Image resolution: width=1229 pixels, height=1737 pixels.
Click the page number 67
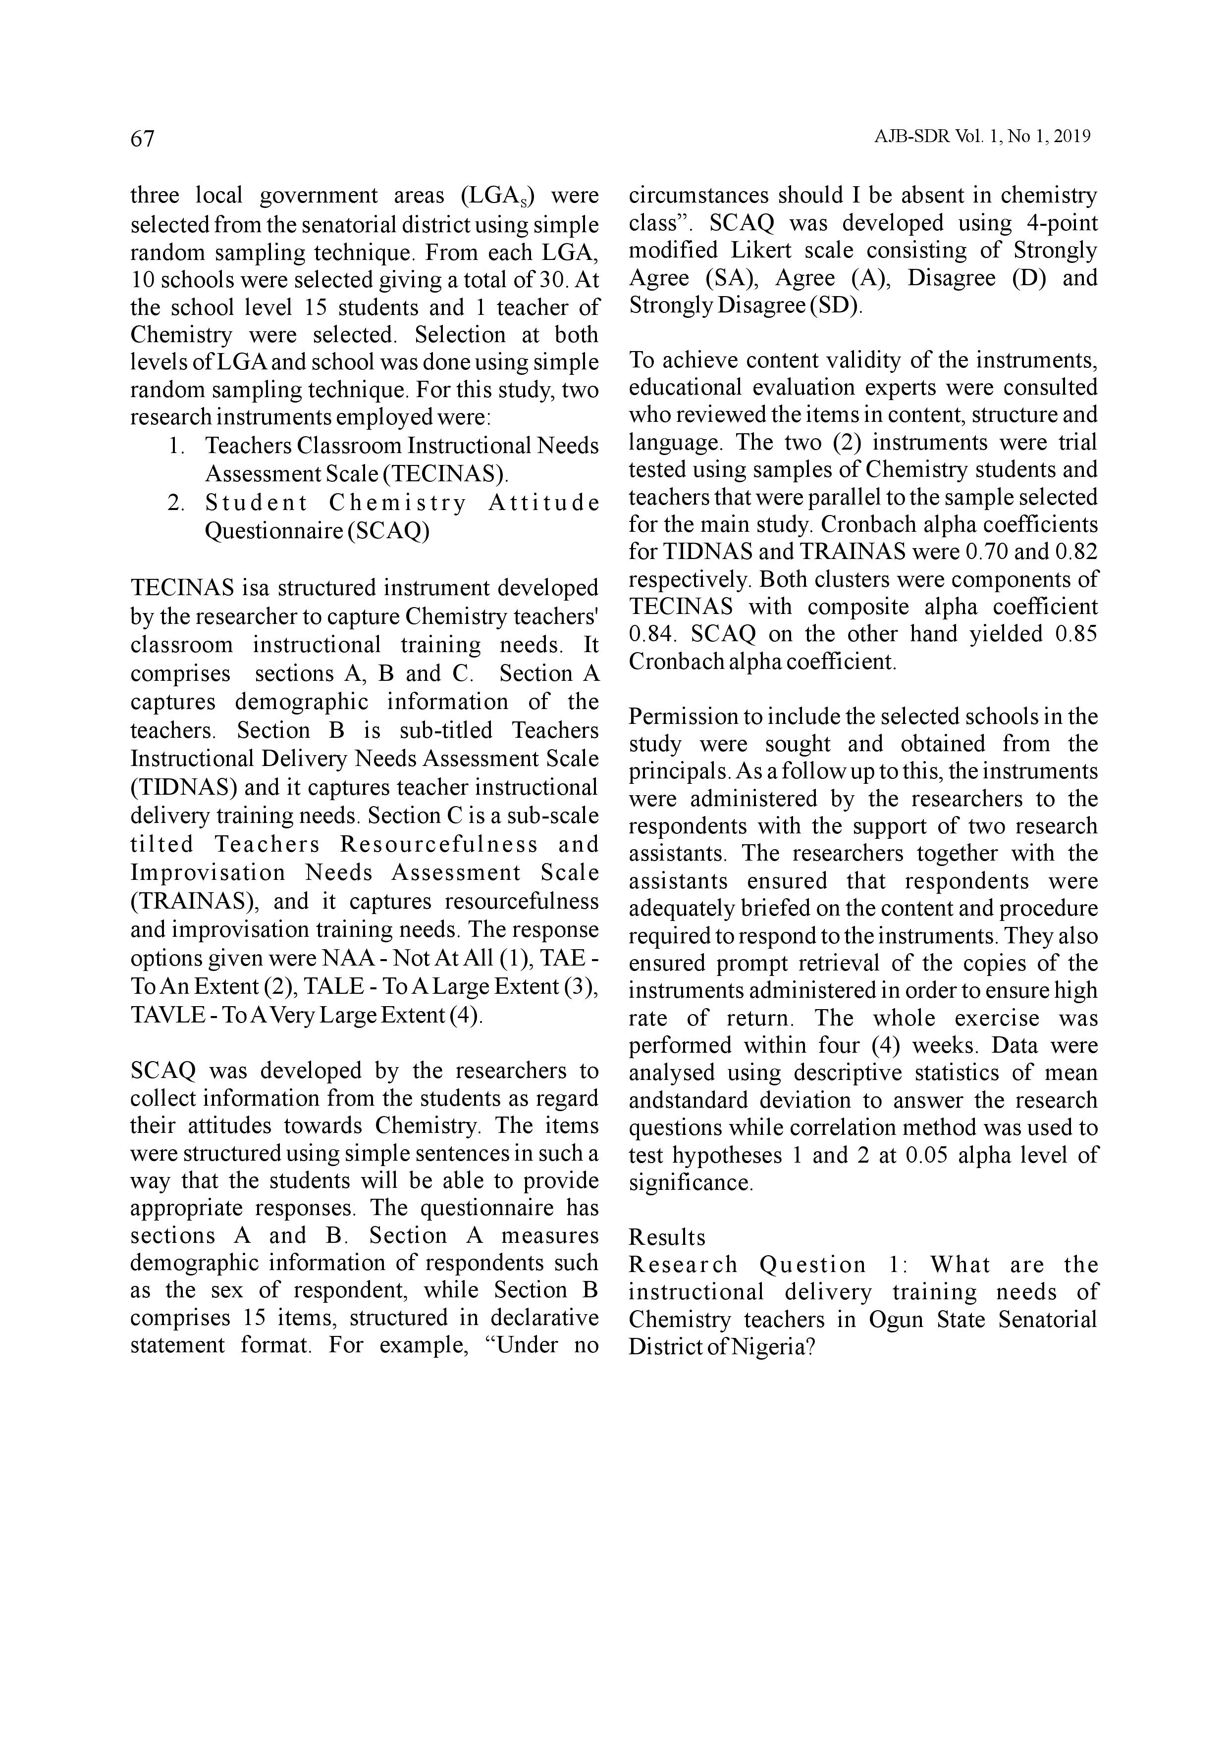point(142,139)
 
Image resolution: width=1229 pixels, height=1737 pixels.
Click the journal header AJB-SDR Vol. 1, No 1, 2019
point(982,137)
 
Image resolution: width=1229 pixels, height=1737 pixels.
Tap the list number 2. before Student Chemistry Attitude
point(176,503)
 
